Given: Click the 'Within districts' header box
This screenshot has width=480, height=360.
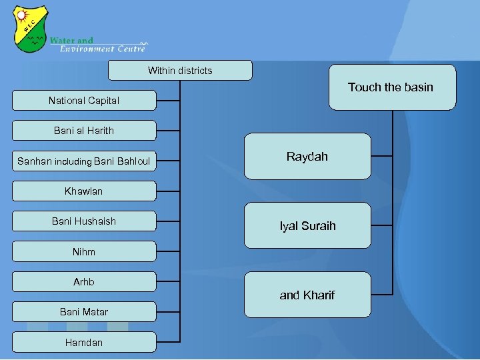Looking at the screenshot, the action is click(180, 70).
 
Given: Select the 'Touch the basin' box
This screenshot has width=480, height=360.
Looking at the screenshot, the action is click(392, 87).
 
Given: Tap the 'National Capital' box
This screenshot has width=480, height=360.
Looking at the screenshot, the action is click(84, 101).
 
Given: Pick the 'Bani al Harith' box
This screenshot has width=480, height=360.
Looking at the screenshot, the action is click(84, 131).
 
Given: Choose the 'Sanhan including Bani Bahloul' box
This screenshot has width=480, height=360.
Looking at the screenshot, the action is click(84, 161).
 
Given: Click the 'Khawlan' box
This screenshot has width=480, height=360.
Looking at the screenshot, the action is click(84, 191).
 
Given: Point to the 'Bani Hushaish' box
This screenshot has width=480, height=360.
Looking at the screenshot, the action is click(84, 221).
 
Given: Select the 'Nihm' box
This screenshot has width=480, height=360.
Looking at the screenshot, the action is click(84, 252).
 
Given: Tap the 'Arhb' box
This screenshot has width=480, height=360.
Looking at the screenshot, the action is click(84, 282).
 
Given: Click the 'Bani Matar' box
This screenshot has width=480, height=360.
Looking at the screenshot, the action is click(84, 312).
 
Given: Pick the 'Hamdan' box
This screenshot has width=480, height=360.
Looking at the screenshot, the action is click(84, 342).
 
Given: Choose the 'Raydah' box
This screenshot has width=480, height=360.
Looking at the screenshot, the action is click(307, 157).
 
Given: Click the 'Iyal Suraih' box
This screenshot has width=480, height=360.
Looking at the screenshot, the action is click(307, 226).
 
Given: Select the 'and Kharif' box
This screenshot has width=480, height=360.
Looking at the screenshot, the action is click(307, 295).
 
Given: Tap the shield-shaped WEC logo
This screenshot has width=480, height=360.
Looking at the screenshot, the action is click(31, 29).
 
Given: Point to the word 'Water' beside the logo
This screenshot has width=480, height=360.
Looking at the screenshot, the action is click(61, 40).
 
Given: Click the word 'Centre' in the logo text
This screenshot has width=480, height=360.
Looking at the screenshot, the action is click(131, 49).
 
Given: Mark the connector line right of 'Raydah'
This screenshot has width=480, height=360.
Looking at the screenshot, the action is click(381, 156).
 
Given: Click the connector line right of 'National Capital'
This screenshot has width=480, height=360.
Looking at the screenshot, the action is click(168, 101).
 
